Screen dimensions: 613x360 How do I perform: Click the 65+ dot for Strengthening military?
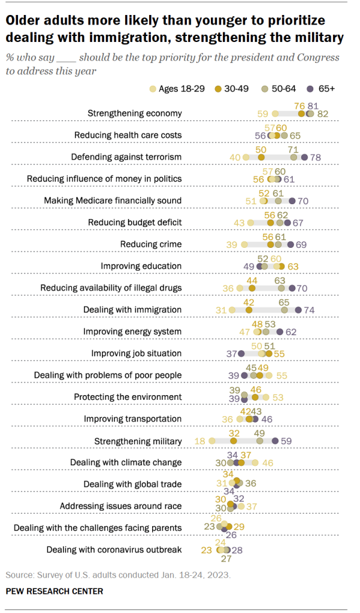(275, 441)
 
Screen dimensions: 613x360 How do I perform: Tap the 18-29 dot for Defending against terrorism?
(245, 157)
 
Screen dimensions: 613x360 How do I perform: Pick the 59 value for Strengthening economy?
(262, 113)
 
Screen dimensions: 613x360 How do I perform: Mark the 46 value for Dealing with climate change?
(268, 463)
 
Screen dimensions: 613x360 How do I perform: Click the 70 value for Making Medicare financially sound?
(303, 201)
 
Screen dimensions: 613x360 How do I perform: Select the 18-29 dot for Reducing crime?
(244, 244)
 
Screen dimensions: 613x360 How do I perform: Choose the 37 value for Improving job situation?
(231, 353)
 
